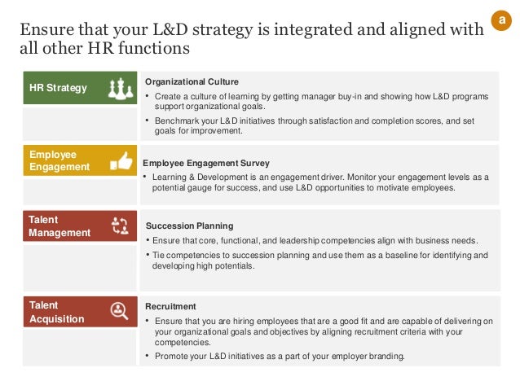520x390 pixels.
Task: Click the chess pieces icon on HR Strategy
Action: pyautogui.click(x=119, y=87)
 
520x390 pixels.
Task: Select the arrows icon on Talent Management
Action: pyautogui.click(x=119, y=226)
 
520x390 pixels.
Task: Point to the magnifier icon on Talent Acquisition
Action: pyautogui.click(x=119, y=311)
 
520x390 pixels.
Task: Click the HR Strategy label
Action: pyautogui.click(x=58, y=87)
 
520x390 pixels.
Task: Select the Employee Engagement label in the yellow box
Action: pyautogui.click(x=59, y=160)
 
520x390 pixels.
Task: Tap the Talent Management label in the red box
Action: pyautogui.click(x=59, y=226)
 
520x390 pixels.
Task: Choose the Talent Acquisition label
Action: pyautogui.click(x=56, y=312)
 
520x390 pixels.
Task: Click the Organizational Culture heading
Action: pyautogui.click(x=192, y=81)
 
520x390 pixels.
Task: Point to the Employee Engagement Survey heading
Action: pyautogui.click(x=205, y=163)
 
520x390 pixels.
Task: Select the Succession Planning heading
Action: pyautogui.click(x=189, y=226)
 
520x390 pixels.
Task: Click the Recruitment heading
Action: pyautogui.click(x=170, y=306)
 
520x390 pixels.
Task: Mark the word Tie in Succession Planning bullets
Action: pyautogui.click(x=160, y=255)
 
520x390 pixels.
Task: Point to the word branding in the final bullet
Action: pyautogui.click(x=387, y=357)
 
